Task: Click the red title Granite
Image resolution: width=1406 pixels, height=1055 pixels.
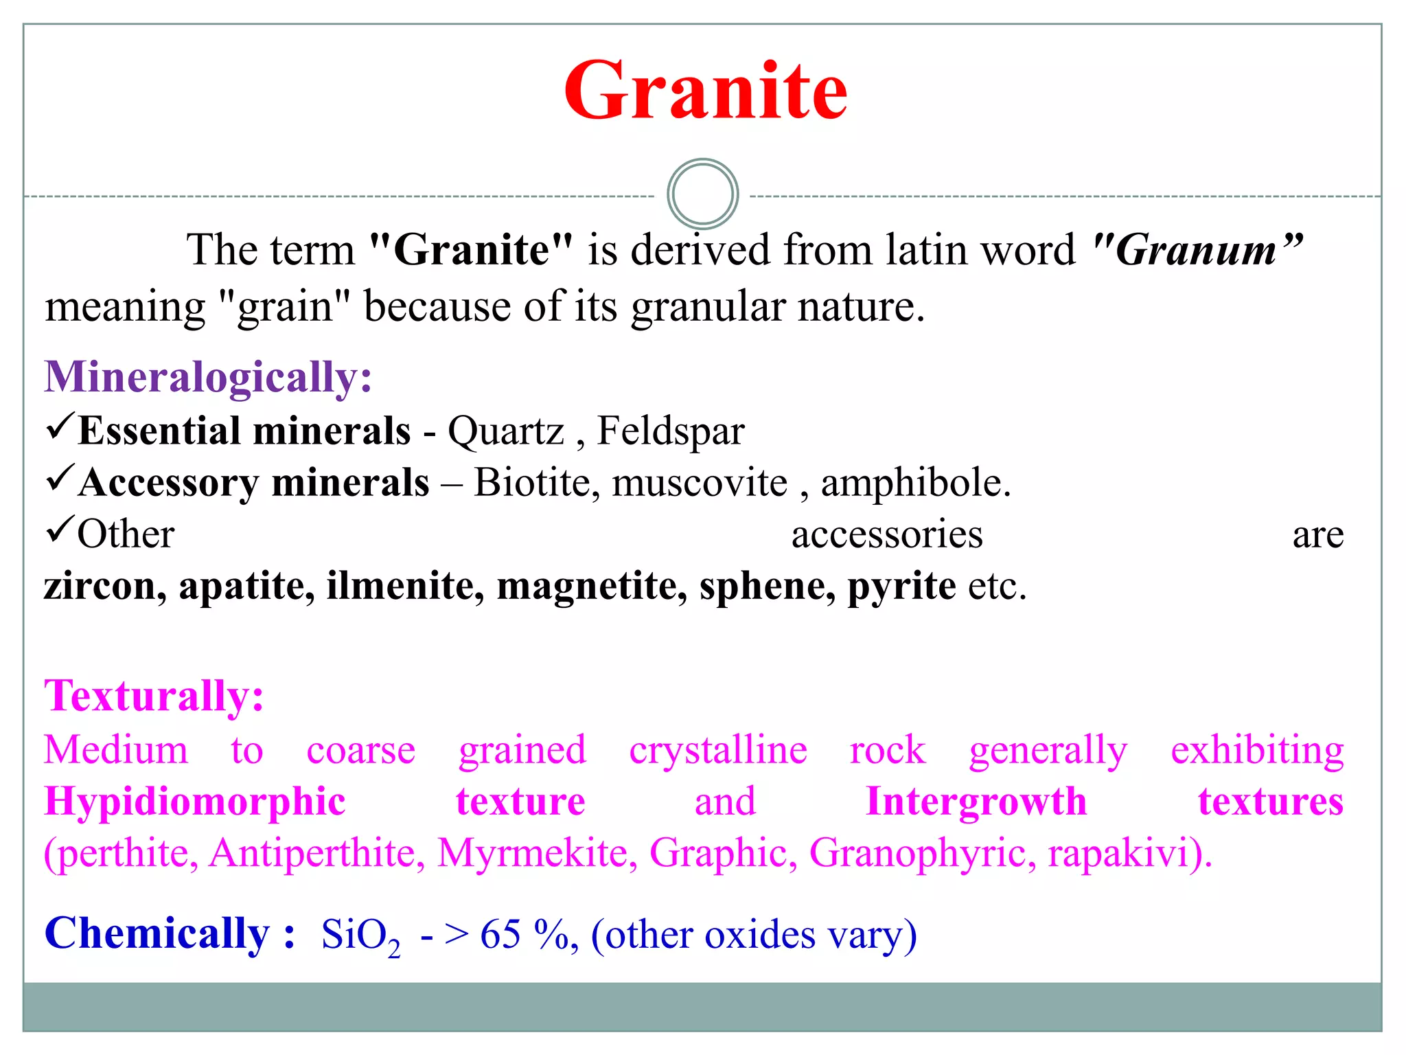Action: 705,91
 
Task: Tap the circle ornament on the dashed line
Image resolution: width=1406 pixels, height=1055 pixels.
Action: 702,194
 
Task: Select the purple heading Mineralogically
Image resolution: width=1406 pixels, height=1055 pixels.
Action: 208,377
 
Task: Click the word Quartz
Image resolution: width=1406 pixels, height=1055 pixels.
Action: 506,432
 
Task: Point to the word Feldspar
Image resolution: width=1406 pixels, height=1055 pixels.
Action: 671,432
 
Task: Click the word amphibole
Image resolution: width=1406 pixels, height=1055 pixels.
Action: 915,483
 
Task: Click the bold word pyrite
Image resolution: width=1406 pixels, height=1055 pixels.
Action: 901,587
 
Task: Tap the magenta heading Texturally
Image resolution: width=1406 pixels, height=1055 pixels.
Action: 154,696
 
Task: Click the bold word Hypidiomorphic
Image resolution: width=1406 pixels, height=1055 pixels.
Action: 194,802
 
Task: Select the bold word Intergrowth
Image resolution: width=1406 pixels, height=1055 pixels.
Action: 976,802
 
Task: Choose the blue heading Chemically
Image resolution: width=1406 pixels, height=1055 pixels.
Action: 168,934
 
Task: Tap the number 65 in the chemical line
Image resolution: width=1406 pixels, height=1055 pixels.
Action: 500,935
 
